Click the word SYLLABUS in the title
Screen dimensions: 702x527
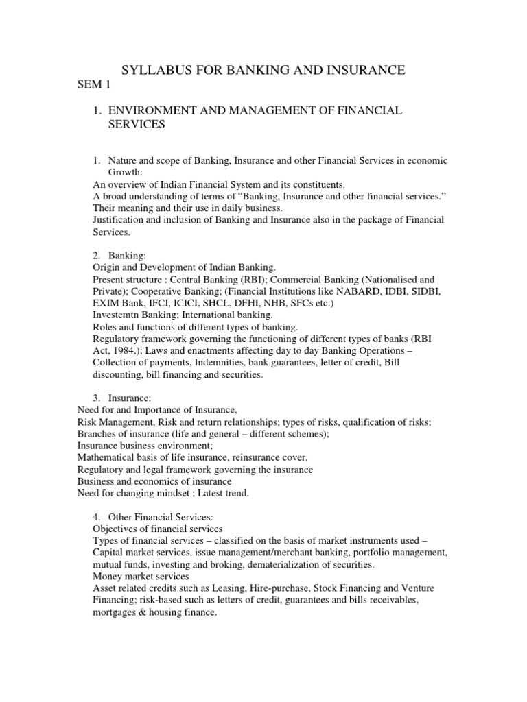(154, 70)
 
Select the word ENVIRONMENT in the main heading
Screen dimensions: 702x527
(151, 110)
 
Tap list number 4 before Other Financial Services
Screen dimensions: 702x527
(96, 518)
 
